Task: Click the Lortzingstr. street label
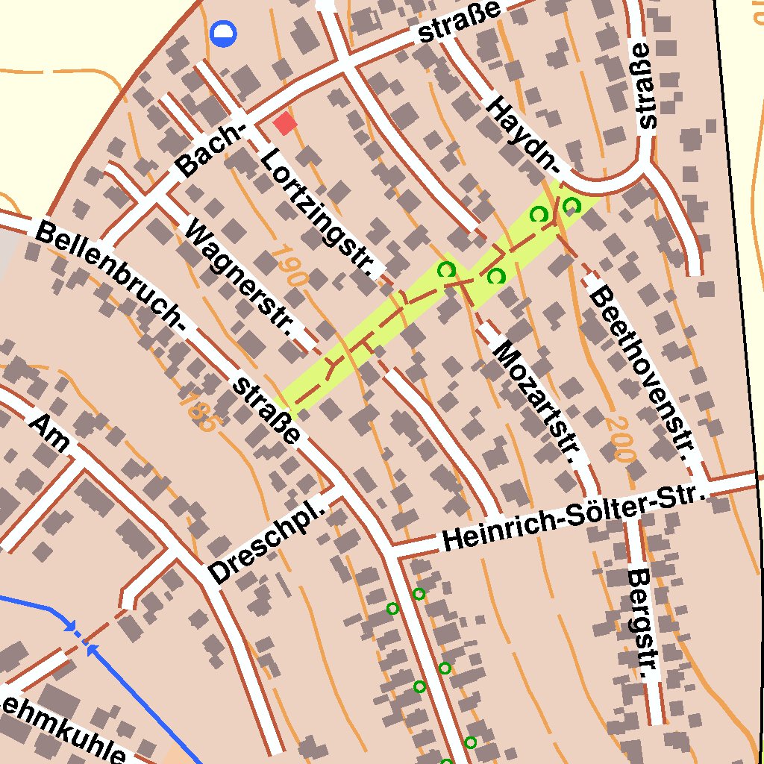click(x=318, y=212)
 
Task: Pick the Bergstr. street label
click(x=643, y=624)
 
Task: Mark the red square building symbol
click(x=285, y=124)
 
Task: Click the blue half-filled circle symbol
click(x=222, y=34)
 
